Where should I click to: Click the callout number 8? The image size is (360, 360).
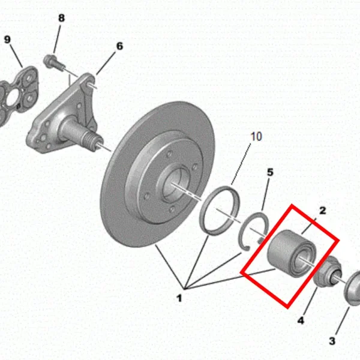61,18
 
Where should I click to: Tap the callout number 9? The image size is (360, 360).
7,40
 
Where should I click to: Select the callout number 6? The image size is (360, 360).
119,46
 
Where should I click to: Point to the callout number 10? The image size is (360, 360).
256,136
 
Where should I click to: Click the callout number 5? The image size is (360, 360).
270,172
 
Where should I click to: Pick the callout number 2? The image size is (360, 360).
323,211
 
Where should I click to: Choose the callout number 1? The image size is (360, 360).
179,298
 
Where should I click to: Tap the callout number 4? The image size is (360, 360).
301,320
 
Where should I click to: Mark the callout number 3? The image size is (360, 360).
332,341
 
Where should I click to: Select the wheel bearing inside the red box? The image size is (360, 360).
292,253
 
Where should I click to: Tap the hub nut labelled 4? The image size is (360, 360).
328,272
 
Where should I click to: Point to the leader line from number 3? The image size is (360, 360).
343,322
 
